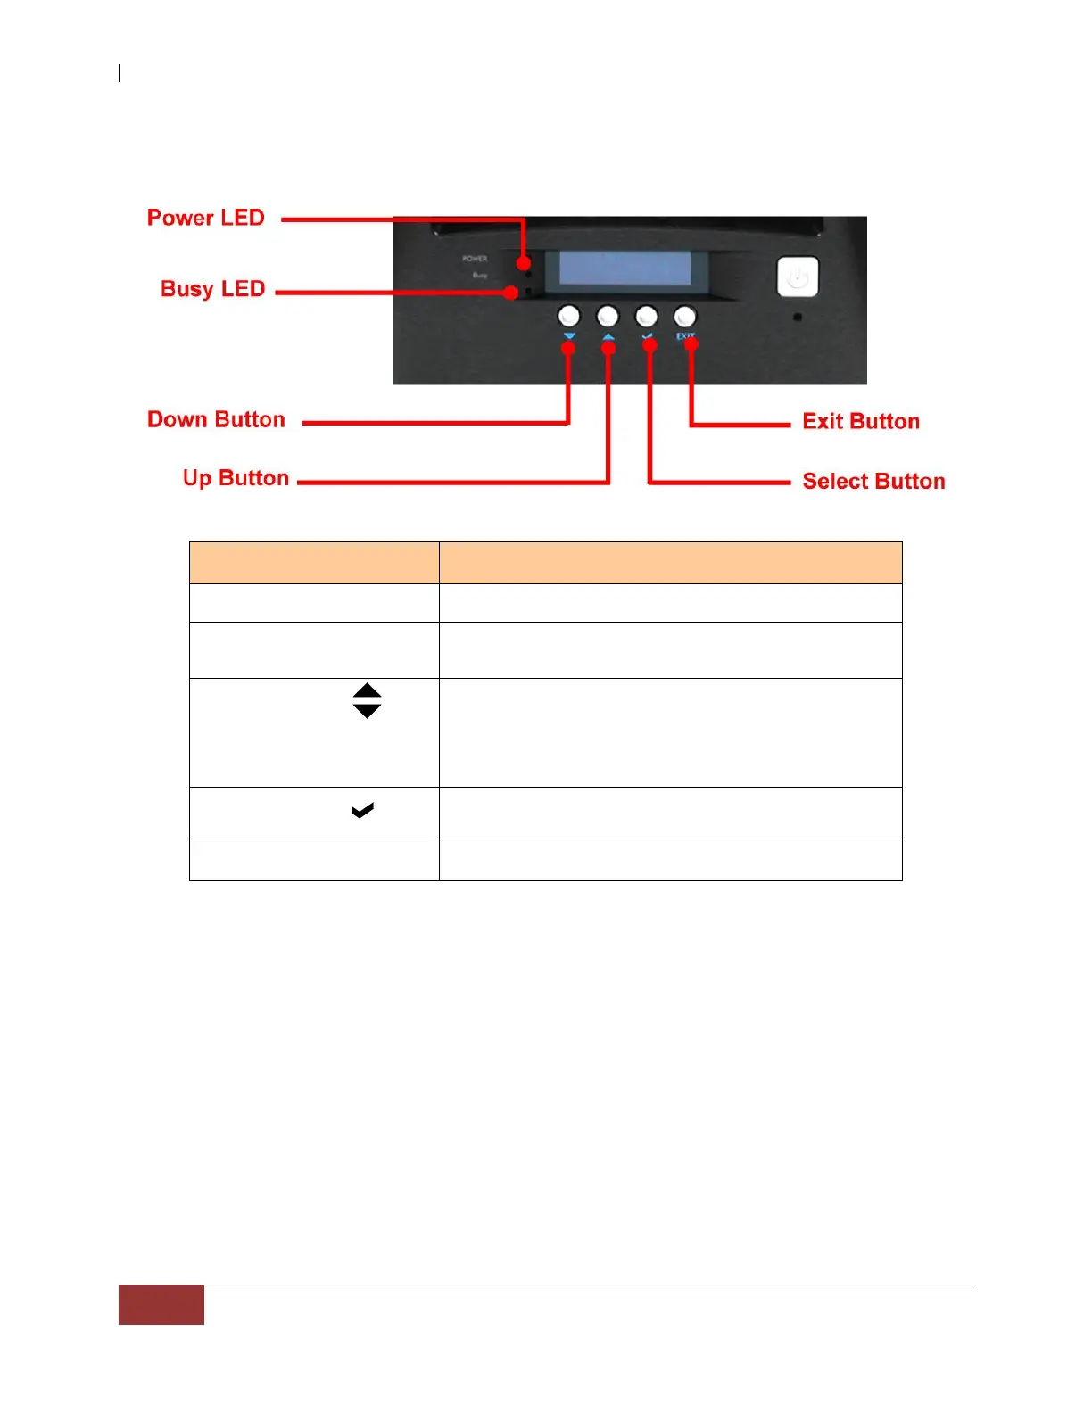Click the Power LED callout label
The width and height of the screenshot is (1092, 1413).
point(205,218)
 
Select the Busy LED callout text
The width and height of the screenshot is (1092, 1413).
point(212,289)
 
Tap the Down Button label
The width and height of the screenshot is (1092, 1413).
point(216,419)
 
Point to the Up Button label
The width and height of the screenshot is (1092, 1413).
point(236,478)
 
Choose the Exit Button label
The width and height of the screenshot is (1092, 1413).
point(860,421)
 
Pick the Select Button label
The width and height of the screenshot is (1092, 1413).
point(873,481)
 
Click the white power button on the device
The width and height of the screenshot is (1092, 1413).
point(798,277)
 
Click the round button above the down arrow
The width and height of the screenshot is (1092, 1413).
point(568,316)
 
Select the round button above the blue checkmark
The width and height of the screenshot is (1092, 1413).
point(646,316)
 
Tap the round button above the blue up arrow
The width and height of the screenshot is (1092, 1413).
point(608,316)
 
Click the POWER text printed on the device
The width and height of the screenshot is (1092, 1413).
point(475,259)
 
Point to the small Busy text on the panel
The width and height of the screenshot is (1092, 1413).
point(480,276)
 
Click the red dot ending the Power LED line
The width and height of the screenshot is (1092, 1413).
point(524,262)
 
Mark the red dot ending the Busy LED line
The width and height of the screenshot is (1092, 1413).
point(510,292)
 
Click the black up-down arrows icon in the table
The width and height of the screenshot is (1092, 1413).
point(367,701)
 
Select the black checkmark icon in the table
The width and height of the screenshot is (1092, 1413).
point(362,810)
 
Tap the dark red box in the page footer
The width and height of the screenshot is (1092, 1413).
point(161,1304)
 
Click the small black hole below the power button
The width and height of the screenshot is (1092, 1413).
point(798,317)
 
